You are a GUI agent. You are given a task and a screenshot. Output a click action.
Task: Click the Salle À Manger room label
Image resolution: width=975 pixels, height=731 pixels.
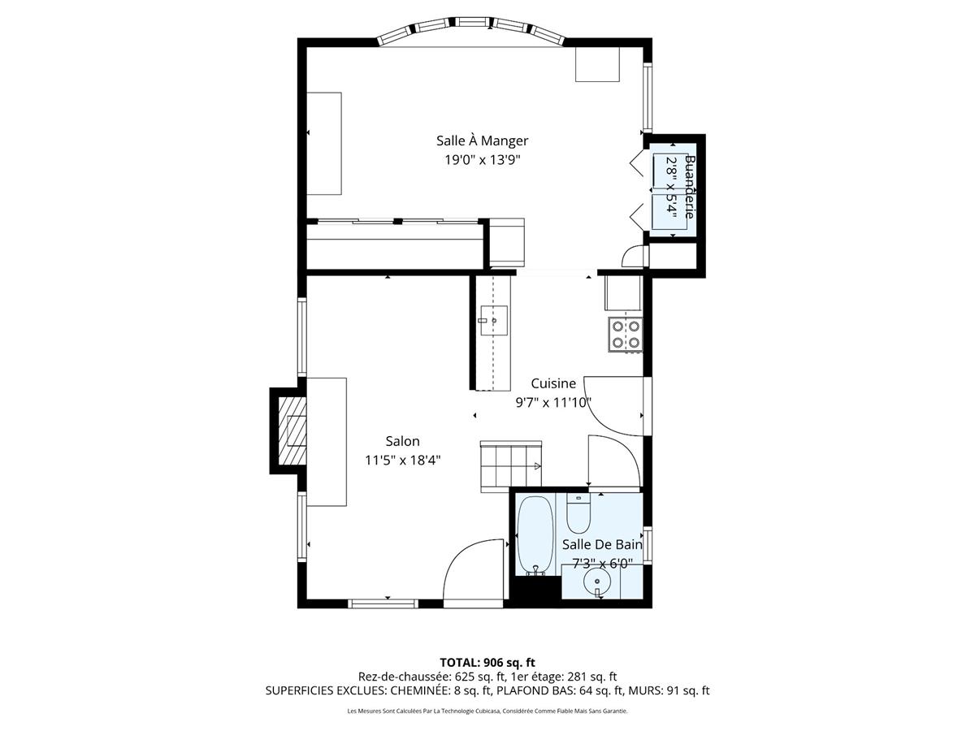tap(482, 141)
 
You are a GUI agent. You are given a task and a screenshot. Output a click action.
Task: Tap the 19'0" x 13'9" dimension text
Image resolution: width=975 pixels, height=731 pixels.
tap(482, 160)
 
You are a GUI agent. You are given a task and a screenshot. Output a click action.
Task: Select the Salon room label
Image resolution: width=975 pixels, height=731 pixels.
tap(403, 441)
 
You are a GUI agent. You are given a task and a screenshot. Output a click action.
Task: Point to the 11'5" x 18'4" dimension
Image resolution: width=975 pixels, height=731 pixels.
tap(403, 460)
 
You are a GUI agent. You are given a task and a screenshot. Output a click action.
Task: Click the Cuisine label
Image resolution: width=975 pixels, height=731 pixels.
tap(553, 383)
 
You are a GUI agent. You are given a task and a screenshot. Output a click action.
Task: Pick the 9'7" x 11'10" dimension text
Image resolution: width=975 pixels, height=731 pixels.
tap(553, 401)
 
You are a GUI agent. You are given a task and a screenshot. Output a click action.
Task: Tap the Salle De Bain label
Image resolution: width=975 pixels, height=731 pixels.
tap(602, 544)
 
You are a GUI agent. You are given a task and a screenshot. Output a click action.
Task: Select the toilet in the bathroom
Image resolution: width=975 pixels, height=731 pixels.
tap(578, 514)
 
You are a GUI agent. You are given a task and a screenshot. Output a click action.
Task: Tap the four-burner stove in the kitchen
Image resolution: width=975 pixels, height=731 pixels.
tap(626, 334)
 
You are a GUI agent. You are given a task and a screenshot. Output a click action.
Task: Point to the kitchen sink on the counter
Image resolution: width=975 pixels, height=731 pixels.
tap(492, 320)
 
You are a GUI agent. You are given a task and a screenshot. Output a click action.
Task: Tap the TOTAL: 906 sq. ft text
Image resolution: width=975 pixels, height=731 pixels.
tap(487, 662)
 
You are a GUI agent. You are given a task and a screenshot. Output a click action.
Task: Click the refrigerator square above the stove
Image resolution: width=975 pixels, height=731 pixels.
tap(623, 293)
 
